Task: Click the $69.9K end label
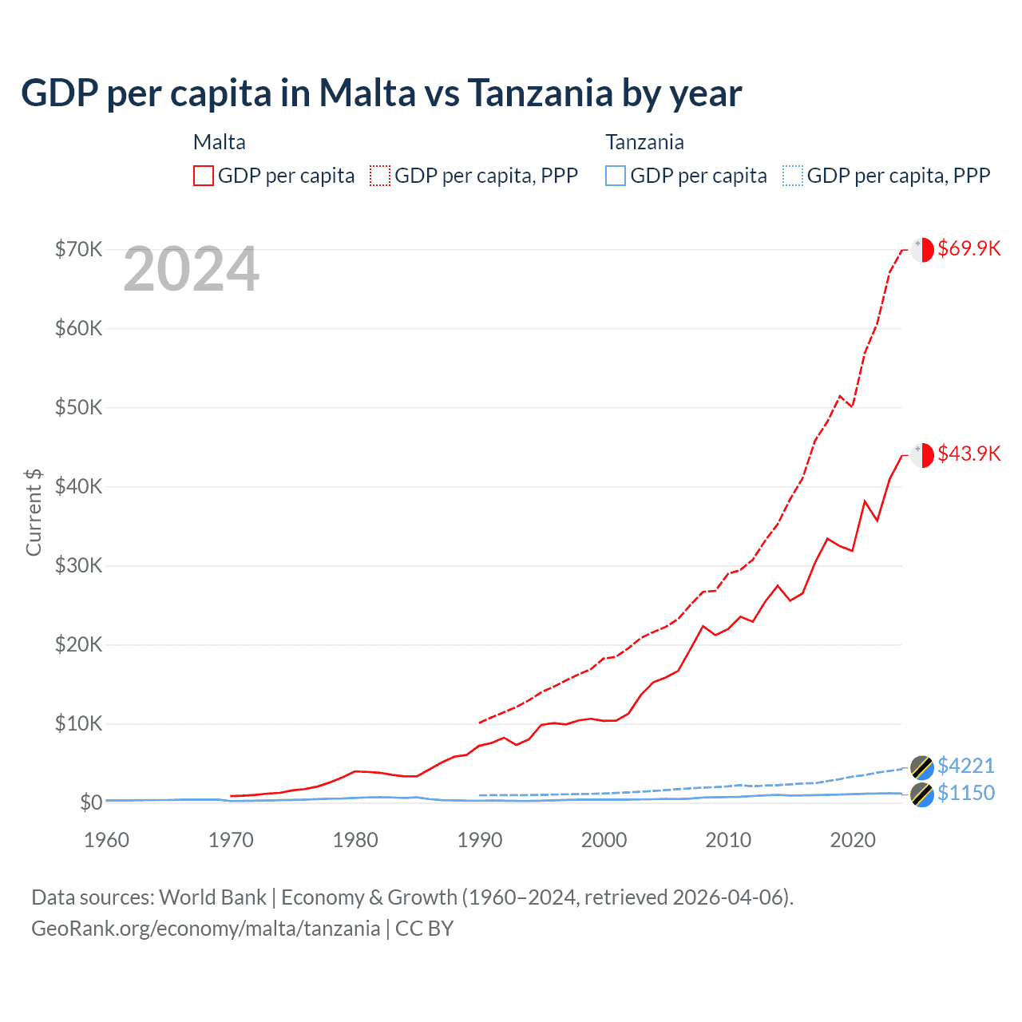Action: click(969, 248)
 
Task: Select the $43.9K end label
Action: click(969, 454)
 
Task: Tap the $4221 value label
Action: click(966, 766)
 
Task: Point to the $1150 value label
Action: click(966, 793)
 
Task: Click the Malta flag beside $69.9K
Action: click(922, 249)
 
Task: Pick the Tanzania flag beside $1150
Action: click(922, 794)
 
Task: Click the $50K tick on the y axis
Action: click(78, 407)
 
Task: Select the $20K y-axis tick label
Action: click(78, 644)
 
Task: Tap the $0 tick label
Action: click(91, 802)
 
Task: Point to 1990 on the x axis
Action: click(480, 840)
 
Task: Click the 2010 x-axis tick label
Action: click(728, 840)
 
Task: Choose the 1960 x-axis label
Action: click(106, 840)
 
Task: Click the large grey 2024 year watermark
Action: click(191, 270)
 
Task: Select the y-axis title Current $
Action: click(34, 513)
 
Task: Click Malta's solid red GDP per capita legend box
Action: click(204, 176)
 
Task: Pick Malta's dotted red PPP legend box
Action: click(380, 176)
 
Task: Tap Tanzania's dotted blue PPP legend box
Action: click(793, 176)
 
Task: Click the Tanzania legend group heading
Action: click(644, 142)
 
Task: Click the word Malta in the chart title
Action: click(367, 93)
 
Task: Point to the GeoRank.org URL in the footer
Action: click(206, 929)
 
